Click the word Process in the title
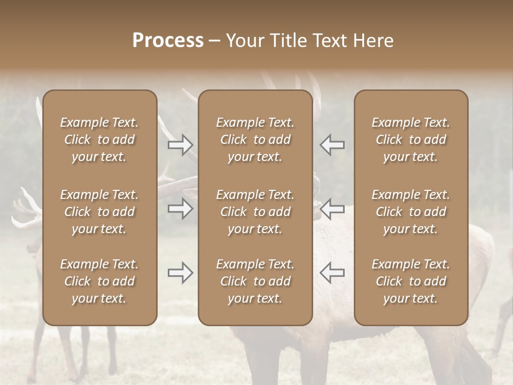(168, 41)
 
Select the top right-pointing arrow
(181, 145)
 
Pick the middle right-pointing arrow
(181, 209)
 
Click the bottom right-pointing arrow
(181, 273)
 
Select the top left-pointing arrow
(332, 145)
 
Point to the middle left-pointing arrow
(332, 209)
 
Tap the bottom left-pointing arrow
(332, 273)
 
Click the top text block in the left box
(99, 140)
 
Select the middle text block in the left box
(99, 212)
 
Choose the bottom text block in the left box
(99, 281)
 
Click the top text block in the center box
(255, 140)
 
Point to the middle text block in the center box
(255, 212)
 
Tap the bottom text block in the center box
(255, 281)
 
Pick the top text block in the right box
(410, 140)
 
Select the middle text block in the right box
(410, 212)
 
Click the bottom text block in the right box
(410, 281)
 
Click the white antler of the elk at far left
(27, 214)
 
